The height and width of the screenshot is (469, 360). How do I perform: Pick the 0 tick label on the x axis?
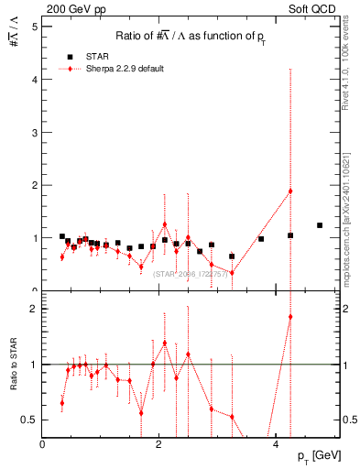coord(42,444)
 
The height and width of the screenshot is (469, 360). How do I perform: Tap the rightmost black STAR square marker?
coord(320,225)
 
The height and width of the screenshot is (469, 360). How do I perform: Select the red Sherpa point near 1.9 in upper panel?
coord(290,191)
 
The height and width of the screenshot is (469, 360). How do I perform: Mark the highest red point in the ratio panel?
coord(290,317)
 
